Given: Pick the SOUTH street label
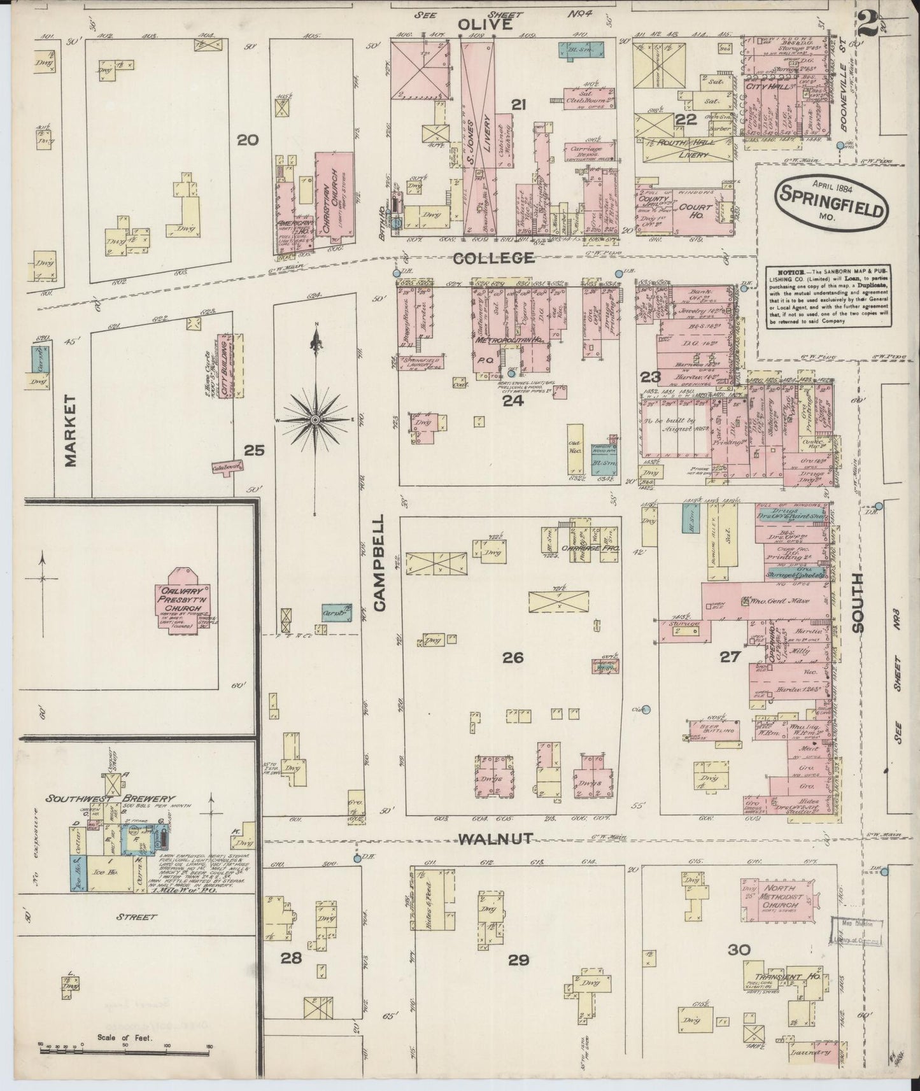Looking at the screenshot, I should click(x=858, y=602).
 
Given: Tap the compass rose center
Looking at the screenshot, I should click(x=316, y=420).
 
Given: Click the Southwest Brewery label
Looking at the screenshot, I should click(x=110, y=798).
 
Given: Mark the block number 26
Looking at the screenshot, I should click(x=513, y=658).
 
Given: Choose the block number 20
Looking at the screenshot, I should click(x=248, y=139).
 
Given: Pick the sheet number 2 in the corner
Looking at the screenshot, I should click(x=866, y=27).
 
